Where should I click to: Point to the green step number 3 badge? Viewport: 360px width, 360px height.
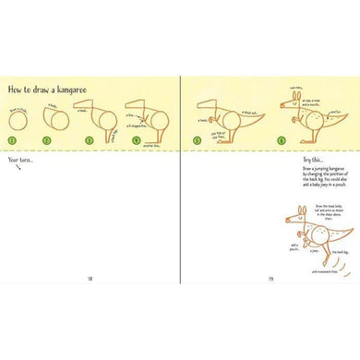click(90, 140)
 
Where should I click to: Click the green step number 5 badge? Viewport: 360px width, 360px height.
click(198, 140)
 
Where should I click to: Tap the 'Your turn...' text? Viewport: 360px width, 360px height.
click(20, 162)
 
